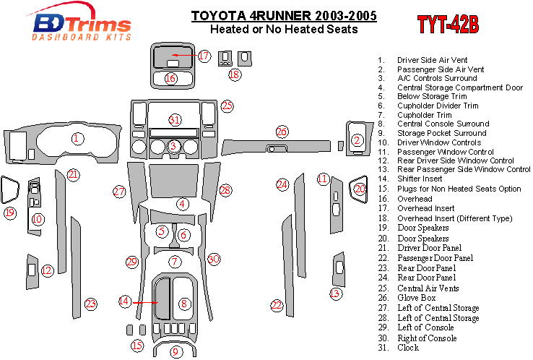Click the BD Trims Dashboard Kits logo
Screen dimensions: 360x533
tap(81, 25)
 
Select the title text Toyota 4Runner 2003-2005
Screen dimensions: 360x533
tap(283, 16)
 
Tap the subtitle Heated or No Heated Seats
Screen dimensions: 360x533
tap(283, 30)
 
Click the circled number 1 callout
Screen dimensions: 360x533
tap(77, 138)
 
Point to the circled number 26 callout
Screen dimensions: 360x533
tap(282, 132)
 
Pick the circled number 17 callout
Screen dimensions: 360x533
tap(204, 56)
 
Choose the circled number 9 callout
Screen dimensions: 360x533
tap(174, 351)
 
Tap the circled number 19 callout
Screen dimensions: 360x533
tap(9, 213)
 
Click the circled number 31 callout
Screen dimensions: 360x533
tap(174, 119)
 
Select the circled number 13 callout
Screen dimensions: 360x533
tap(335, 293)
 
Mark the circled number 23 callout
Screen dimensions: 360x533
tap(90, 304)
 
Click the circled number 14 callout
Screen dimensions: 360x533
tap(125, 301)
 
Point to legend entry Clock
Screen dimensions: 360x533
tap(408, 348)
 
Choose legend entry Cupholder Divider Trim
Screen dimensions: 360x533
tap(438, 106)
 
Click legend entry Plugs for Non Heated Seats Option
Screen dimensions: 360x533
tap(459, 189)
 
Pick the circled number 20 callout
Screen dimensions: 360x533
tap(360, 189)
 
